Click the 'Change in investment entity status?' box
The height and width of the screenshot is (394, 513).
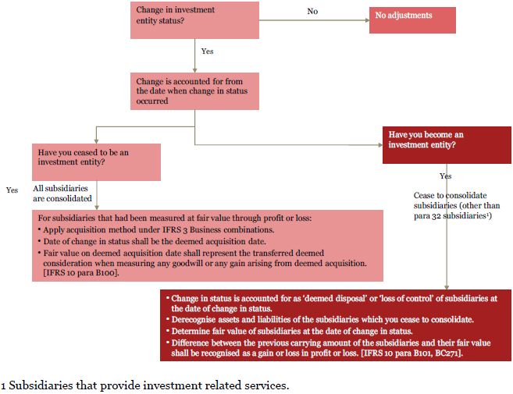[194, 20]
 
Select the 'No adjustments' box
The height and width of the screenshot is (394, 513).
[412, 20]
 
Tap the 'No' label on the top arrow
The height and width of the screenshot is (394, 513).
[312, 11]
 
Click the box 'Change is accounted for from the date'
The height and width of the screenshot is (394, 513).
[194, 91]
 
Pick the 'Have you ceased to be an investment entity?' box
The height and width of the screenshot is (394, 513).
[96, 162]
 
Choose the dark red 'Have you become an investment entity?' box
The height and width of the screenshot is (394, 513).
[447, 145]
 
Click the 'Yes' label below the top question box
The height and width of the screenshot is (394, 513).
[207, 51]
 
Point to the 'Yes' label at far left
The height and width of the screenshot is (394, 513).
[12, 190]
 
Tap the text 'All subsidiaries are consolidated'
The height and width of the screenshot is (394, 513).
[62, 193]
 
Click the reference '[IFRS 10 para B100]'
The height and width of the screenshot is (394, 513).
[80, 273]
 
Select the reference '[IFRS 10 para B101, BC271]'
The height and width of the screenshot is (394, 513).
[412, 353]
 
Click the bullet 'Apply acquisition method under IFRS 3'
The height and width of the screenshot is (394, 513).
[156, 230]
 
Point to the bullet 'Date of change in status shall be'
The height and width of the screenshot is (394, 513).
[151, 242]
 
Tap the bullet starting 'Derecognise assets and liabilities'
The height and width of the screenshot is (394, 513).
[320, 319]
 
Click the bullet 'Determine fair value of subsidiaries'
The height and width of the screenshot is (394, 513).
[289, 332]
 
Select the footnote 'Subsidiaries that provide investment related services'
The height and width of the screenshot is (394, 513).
[145, 385]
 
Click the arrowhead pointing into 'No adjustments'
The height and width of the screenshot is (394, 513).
[368, 20]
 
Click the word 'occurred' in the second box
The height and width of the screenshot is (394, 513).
[152, 101]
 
